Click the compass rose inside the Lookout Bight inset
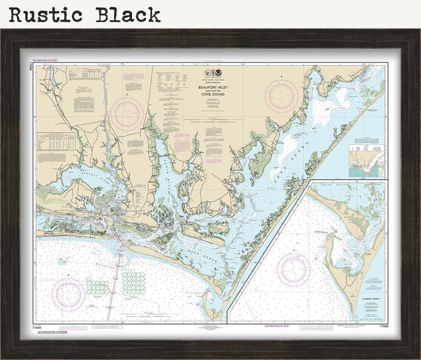[x=293, y=269]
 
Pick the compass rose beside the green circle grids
[x=68, y=293]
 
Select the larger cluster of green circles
[x=134, y=284]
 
